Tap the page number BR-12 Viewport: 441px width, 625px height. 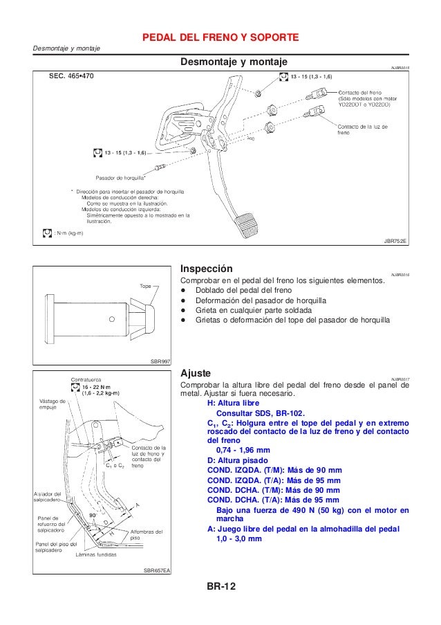pos(220,587)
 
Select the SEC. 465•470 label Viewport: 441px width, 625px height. pos(71,76)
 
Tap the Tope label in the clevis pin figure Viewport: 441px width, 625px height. pos(145,285)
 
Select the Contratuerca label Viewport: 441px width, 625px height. pos(88,379)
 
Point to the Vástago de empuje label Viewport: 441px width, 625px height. pos(52,404)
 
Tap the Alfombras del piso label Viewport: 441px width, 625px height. pos(146,534)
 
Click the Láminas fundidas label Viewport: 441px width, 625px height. pos(96,554)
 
